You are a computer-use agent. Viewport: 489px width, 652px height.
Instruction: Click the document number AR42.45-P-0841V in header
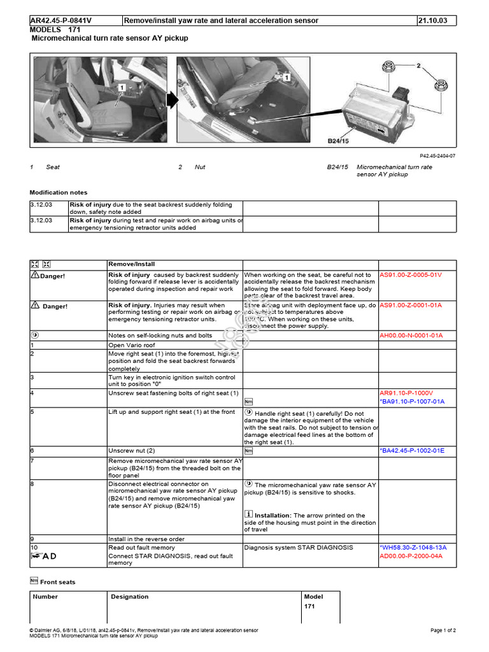(60, 20)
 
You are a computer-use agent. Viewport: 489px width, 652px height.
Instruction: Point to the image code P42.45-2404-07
(437, 156)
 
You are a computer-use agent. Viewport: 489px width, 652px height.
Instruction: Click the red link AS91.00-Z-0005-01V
(411, 275)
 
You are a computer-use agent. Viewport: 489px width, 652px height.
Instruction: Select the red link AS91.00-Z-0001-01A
(411, 306)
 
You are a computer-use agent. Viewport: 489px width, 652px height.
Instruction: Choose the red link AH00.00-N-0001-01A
(411, 335)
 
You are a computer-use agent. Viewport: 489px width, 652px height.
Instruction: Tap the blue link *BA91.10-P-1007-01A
(412, 402)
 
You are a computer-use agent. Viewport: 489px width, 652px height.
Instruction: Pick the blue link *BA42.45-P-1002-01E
(412, 451)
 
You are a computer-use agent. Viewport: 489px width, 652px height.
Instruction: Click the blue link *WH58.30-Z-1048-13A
(413, 548)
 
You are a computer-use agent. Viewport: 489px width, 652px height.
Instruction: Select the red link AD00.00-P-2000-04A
(411, 556)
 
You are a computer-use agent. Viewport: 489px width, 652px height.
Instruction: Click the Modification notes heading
(59, 192)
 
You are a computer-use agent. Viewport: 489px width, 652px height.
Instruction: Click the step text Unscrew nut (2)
(132, 451)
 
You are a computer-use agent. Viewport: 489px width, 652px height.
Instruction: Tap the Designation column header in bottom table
(130, 597)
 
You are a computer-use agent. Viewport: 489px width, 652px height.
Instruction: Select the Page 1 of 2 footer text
(443, 630)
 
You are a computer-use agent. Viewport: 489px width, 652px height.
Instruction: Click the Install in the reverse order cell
(146, 539)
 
